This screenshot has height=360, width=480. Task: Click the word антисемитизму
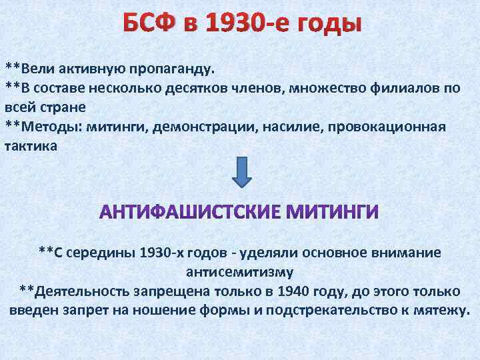tap(239, 272)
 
